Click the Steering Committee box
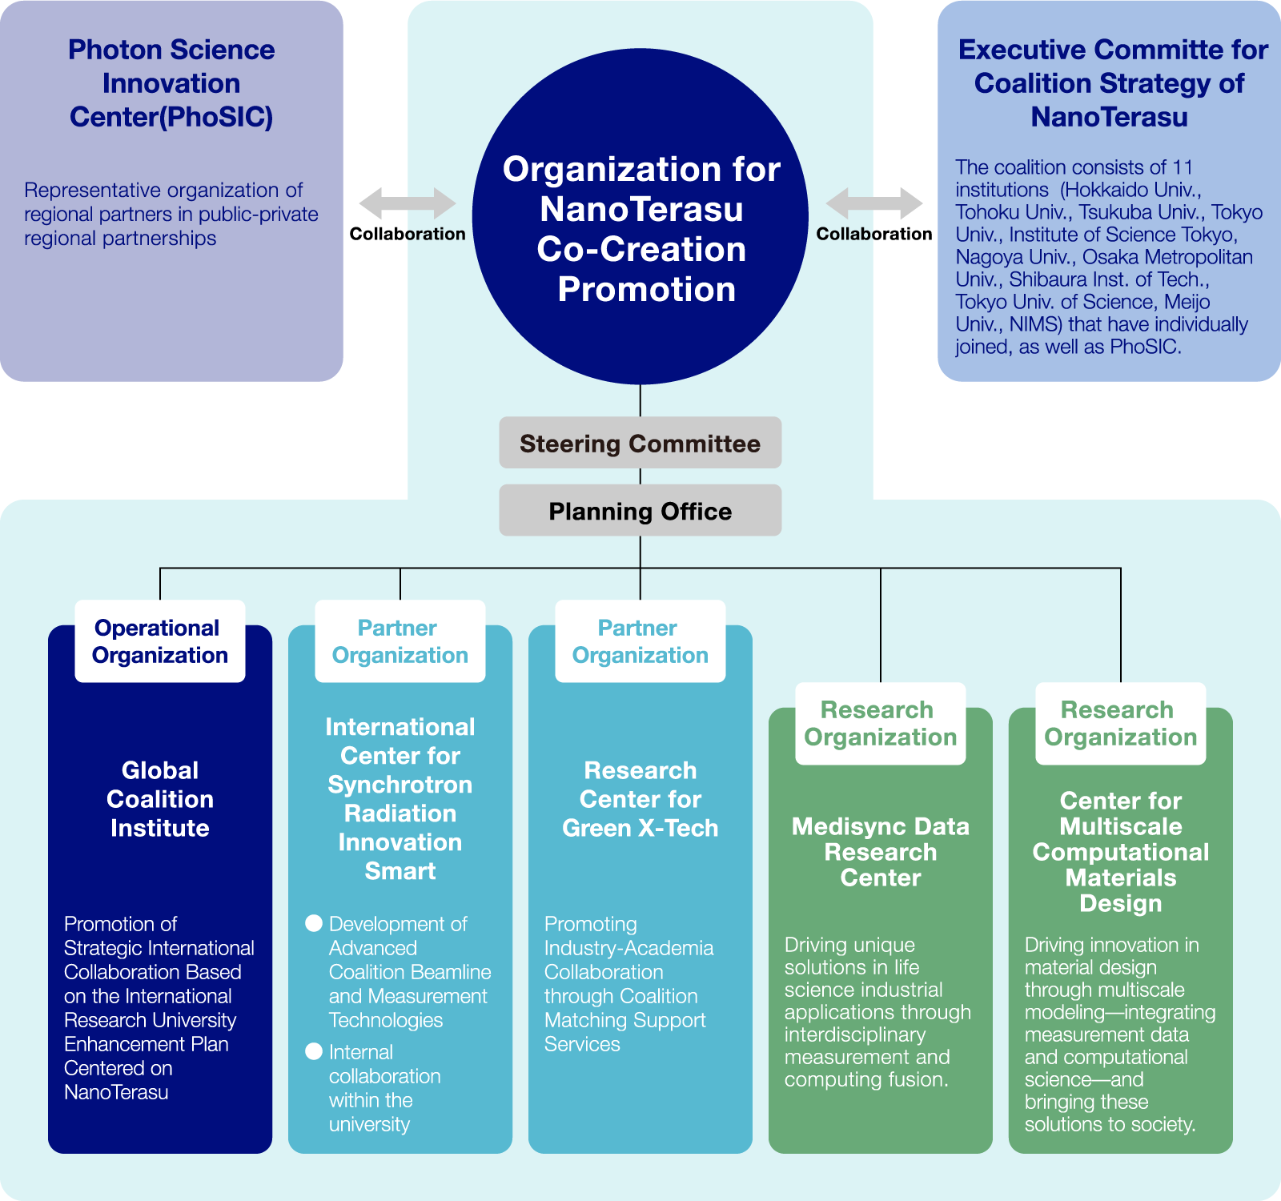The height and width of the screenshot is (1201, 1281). [x=640, y=443]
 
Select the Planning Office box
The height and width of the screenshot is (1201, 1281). [x=640, y=511]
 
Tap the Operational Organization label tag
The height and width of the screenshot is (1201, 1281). [x=160, y=641]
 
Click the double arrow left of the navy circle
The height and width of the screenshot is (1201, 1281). [x=407, y=203]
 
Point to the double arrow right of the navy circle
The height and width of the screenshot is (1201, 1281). [x=874, y=203]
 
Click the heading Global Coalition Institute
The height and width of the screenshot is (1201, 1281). [x=160, y=799]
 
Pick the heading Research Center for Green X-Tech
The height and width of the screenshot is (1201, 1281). [x=640, y=799]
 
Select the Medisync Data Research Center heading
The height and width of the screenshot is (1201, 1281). [x=881, y=852]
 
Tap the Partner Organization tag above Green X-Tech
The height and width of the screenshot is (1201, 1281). [x=640, y=641]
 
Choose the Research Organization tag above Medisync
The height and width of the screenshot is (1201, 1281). [x=881, y=723]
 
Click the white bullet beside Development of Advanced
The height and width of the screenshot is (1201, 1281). [x=314, y=923]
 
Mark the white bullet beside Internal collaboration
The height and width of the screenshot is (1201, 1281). [x=314, y=1051]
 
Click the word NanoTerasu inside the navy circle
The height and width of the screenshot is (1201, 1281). [x=641, y=209]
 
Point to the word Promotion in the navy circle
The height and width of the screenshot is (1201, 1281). [x=646, y=289]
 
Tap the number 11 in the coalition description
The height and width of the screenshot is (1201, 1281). [x=1183, y=167]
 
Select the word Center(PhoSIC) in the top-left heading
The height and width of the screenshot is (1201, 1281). [x=171, y=117]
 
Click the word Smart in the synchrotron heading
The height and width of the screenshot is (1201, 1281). [x=400, y=871]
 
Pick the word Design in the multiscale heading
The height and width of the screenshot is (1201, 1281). [x=1121, y=903]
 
